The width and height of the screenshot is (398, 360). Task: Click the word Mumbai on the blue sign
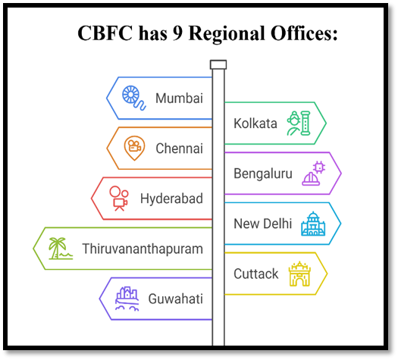coord(179,99)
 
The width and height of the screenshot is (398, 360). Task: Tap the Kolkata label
coord(255,124)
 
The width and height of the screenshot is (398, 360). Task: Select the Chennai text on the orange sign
coord(179,149)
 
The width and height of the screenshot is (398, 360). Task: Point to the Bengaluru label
coord(263,174)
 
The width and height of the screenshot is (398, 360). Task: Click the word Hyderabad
coord(171,199)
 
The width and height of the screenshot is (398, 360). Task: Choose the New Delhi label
coord(263,224)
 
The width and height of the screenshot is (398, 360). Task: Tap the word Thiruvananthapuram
coord(143,249)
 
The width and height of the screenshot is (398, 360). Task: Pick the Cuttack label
coord(256,274)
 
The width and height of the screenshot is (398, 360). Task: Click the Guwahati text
coord(176,299)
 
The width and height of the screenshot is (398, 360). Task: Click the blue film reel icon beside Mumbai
coord(133,98)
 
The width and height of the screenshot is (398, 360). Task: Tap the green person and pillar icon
coord(299,124)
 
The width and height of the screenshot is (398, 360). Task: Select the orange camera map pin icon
coord(134,148)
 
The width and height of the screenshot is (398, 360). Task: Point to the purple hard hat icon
coord(314,174)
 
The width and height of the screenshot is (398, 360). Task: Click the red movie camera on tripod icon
coord(119,199)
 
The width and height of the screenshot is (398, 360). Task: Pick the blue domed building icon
coord(313,224)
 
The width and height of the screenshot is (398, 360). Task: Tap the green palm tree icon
coord(61,249)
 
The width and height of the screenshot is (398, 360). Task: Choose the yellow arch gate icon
coord(299,274)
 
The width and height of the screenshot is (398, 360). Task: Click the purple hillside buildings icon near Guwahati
coord(127,299)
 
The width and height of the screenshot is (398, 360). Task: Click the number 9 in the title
coord(177,33)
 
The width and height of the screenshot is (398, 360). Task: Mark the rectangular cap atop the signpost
coord(218,64)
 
